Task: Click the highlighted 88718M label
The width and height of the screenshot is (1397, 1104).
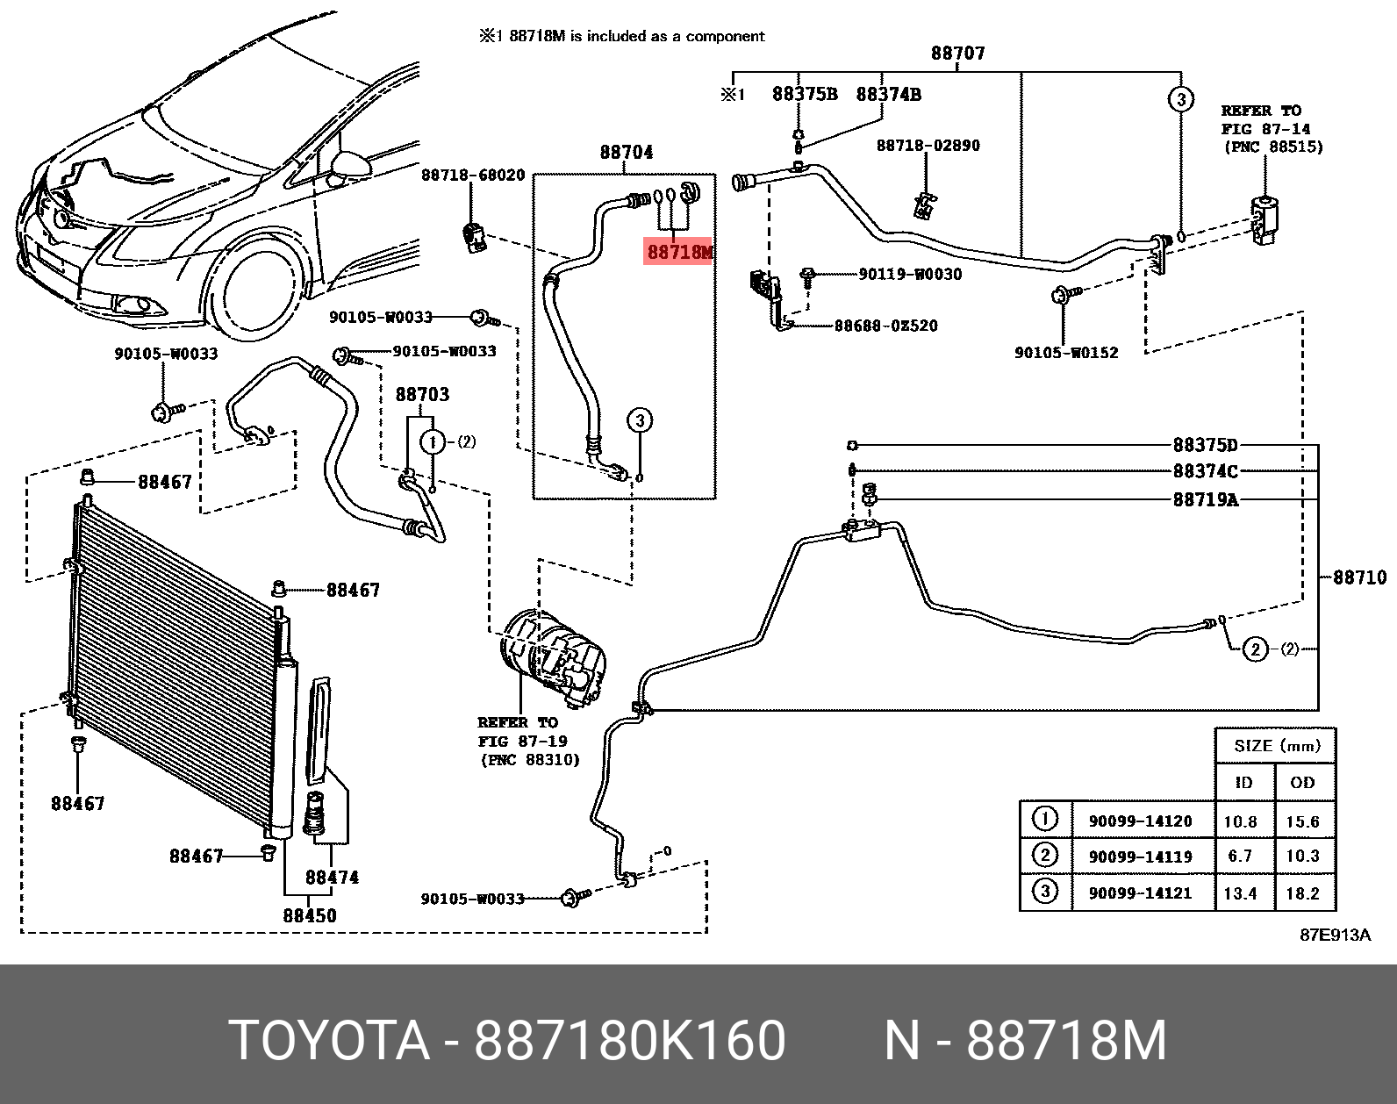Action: point(679,253)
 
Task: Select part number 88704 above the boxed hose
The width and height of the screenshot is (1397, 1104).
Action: point(626,153)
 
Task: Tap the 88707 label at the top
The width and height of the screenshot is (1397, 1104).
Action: point(957,54)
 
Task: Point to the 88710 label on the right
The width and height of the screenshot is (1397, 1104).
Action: point(1359,577)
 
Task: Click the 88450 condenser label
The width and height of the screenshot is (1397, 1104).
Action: point(309,915)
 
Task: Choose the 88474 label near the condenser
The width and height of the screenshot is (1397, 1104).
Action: point(332,877)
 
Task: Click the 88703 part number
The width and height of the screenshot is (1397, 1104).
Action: point(422,395)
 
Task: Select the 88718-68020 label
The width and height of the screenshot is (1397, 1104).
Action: point(473,176)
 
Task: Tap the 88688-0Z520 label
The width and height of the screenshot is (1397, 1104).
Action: point(885,326)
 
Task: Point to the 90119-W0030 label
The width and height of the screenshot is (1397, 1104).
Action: point(910,275)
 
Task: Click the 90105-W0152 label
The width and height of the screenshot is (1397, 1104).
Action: point(1066,353)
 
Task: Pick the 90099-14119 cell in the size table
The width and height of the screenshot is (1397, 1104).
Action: point(1140,857)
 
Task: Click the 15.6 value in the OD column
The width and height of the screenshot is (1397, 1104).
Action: point(1302,821)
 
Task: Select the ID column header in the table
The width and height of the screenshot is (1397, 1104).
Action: point(1243,782)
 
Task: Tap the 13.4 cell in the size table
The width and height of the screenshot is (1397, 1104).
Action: point(1240,893)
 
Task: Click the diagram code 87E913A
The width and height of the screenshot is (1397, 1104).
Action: point(1335,935)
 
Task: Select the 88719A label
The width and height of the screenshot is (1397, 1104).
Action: point(1205,500)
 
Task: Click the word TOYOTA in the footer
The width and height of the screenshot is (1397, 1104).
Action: point(329,1041)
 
